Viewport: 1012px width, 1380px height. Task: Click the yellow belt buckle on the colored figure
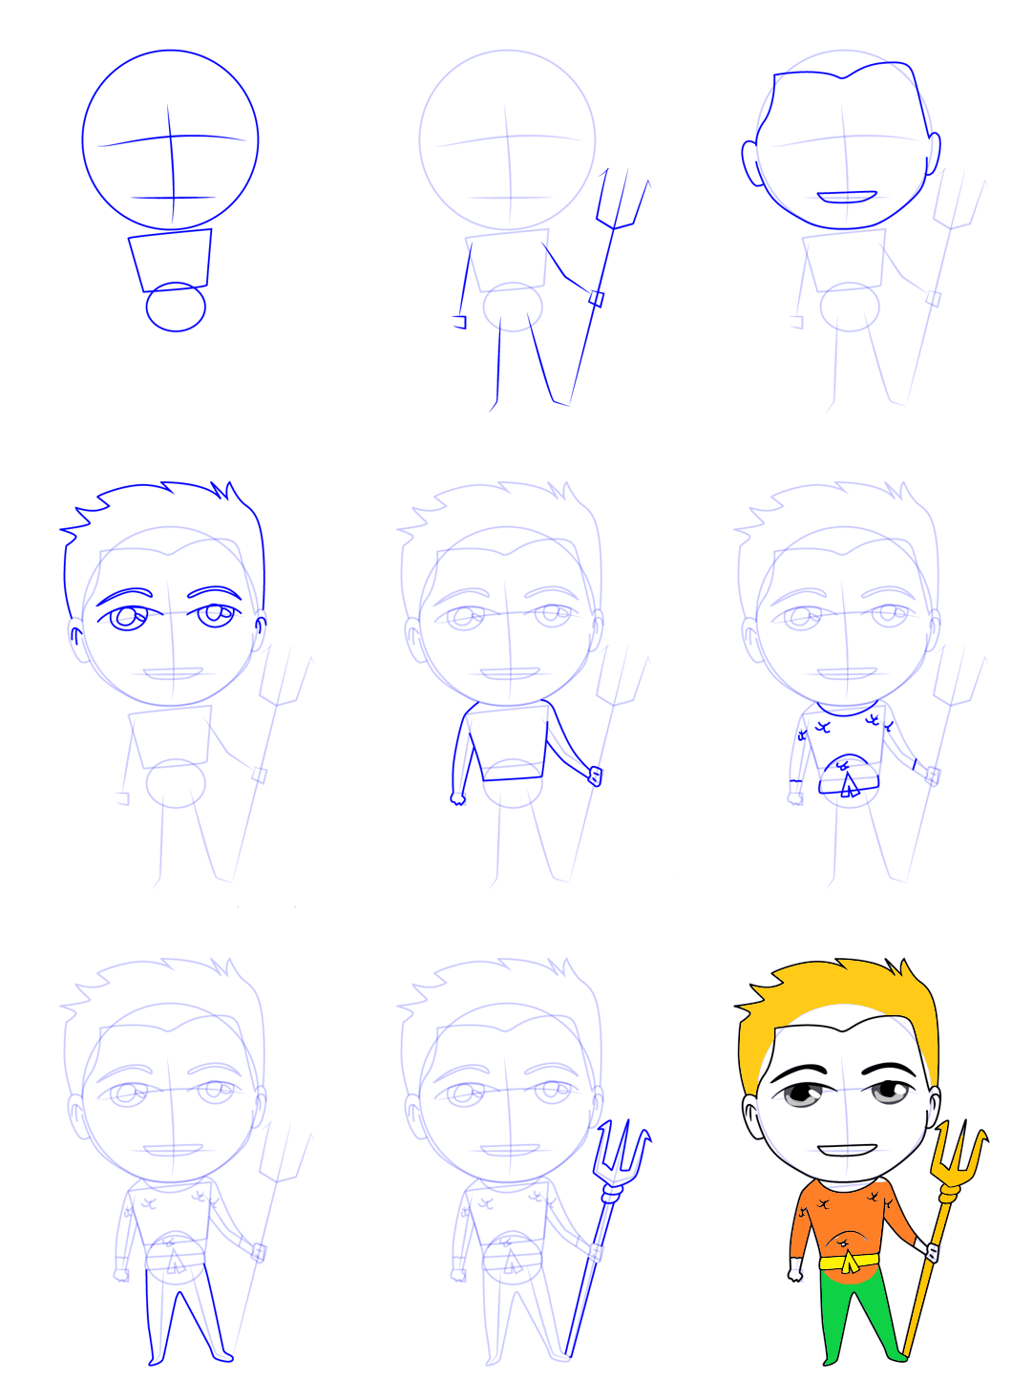[849, 1263]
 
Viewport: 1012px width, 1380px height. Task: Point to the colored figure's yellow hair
[840, 993]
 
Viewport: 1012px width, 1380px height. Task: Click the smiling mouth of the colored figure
[847, 1150]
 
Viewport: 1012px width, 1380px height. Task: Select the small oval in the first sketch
[176, 307]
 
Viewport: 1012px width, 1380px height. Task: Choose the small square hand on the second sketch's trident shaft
[597, 298]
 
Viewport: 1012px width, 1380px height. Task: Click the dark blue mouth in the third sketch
[847, 198]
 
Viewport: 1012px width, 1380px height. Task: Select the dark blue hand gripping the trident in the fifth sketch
[595, 775]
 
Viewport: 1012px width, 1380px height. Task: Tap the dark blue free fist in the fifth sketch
[457, 797]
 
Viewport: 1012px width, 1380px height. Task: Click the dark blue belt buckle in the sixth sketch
[848, 784]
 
